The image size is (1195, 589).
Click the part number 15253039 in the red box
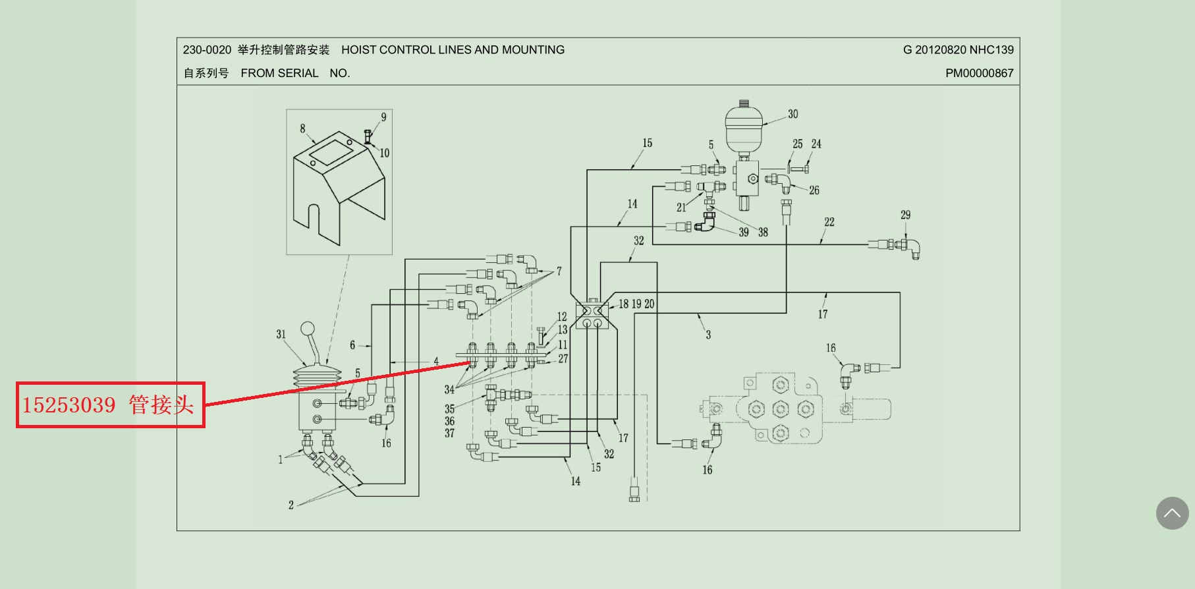point(69,405)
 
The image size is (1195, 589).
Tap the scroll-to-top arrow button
point(1172,513)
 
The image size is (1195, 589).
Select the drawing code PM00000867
point(979,73)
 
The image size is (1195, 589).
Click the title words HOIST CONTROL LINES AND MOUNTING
point(453,50)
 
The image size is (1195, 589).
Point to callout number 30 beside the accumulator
point(792,114)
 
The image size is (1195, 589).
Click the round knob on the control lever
point(308,329)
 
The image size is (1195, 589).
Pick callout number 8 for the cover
point(302,128)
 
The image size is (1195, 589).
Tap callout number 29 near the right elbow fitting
point(905,215)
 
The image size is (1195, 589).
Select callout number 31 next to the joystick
point(281,334)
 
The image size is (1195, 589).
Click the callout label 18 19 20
point(636,304)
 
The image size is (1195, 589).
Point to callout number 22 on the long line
point(829,222)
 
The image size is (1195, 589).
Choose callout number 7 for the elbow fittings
point(559,271)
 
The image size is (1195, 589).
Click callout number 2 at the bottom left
point(291,505)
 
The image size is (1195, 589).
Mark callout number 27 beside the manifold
point(563,358)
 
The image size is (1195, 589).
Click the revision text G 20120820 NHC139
point(958,50)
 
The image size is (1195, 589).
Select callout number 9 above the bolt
point(383,117)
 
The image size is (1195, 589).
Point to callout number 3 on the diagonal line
point(708,335)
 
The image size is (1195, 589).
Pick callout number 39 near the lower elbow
point(743,232)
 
